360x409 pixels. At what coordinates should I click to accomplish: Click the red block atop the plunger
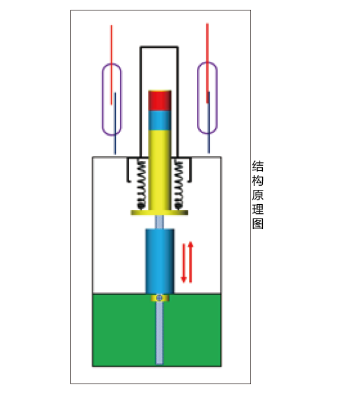[160, 100]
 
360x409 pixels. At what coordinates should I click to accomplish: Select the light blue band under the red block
[160, 121]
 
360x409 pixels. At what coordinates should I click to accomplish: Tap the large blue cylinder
[160, 262]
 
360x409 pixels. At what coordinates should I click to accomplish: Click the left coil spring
[141, 185]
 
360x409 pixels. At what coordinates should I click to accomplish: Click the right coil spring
[179, 185]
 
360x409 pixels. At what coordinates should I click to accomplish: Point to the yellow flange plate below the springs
[159, 213]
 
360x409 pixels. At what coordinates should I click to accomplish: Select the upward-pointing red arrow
[190, 262]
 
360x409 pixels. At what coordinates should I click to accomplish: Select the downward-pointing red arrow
[184, 263]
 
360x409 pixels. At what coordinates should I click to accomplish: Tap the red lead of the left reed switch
[112, 65]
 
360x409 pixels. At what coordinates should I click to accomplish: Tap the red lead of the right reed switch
[207, 63]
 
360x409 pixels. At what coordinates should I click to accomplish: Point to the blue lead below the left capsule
[115, 123]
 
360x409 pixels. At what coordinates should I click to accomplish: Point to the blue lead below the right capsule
[209, 122]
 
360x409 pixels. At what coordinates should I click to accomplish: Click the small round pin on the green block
[159, 297]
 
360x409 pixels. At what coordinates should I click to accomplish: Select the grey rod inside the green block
[159, 333]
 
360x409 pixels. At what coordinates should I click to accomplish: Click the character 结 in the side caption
[258, 166]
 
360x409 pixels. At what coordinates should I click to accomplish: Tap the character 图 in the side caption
[258, 224]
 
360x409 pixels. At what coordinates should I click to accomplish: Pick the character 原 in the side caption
[258, 195]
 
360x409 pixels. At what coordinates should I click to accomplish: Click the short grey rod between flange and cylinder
[159, 222]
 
